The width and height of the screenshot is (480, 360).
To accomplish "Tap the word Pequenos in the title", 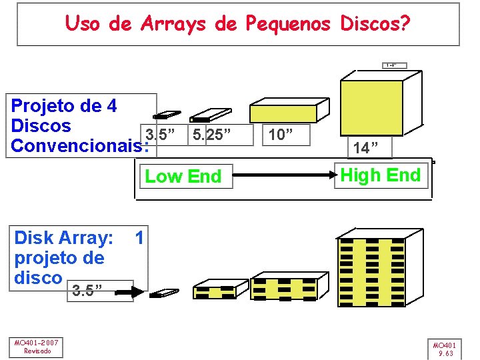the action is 288,24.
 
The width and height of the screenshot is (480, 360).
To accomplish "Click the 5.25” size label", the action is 211,135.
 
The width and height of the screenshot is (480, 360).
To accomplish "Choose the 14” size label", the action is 367,146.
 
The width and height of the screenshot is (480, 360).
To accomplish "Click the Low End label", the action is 183,177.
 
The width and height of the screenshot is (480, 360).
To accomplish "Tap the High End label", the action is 381,175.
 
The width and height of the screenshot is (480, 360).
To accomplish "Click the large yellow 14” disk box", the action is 372,107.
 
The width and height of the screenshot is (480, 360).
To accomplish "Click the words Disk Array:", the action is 63,237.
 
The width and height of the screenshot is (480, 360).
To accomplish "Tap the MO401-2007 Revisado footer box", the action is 37,347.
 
